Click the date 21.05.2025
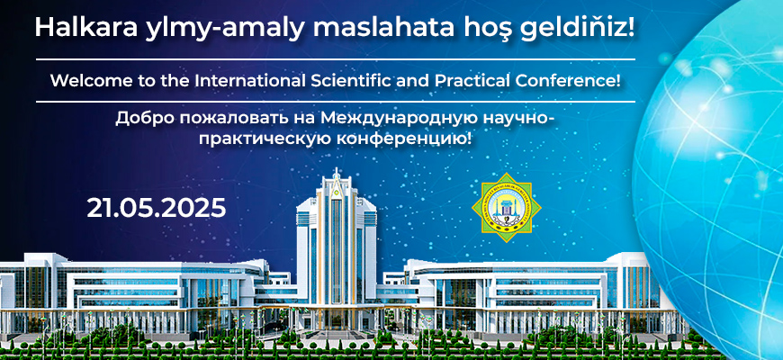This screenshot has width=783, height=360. pyautogui.click(x=156, y=208)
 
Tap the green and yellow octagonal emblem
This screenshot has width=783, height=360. pyautogui.click(x=507, y=209)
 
